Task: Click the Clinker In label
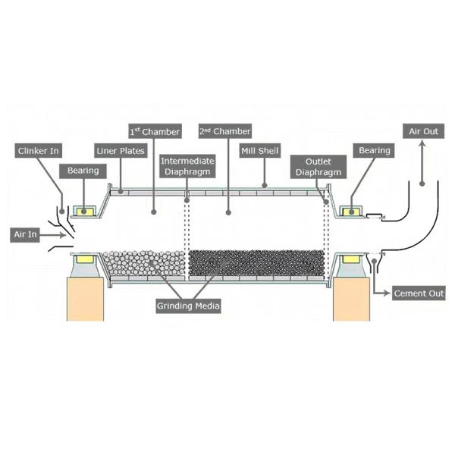[x=39, y=151]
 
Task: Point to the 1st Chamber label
[x=155, y=132]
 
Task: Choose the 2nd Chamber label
[x=224, y=132]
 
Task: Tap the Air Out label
[x=423, y=132]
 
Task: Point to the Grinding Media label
[x=188, y=306]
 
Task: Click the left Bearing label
[x=83, y=171]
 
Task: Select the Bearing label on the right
[x=375, y=151]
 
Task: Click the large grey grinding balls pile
[x=144, y=263]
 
